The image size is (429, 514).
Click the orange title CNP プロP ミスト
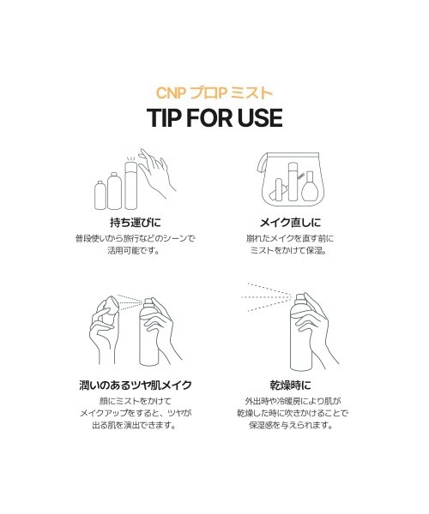pos(214,92)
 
